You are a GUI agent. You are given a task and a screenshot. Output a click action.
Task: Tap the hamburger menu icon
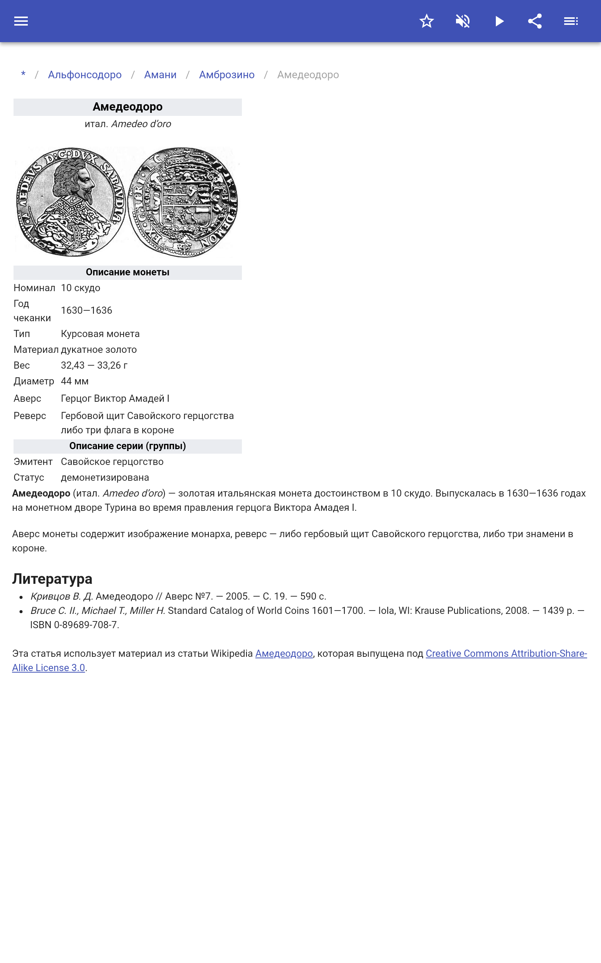[21, 21]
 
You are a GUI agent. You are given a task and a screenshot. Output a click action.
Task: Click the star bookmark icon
[426, 21]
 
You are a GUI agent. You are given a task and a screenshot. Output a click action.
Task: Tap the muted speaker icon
[463, 21]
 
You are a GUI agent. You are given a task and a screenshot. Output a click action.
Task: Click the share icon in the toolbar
[535, 21]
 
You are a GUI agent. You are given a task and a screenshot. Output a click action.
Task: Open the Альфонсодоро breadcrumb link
[85, 75]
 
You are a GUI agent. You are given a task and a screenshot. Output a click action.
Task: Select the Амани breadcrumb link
[160, 75]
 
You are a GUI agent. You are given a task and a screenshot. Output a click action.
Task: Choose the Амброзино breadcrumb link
[227, 75]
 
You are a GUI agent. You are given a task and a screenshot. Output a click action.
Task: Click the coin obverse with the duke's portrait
[71, 202]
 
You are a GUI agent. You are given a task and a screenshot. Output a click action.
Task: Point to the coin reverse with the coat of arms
[183, 202]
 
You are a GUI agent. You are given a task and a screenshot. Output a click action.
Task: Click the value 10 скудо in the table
[81, 288]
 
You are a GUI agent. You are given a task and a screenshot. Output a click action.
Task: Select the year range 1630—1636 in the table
[87, 310]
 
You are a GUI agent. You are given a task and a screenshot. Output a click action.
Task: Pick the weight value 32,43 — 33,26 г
[94, 365]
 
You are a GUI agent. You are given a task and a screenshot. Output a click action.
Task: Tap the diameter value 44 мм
[75, 381]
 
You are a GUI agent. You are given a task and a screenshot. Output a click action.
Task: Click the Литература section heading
[52, 579]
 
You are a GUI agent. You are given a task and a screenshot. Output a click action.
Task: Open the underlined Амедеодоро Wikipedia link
[284, 653]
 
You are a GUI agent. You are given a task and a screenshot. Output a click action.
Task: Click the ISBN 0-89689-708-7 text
[74, 625]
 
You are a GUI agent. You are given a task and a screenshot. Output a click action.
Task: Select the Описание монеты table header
[128, 272]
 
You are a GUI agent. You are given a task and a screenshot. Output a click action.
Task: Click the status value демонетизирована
[105, 477]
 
